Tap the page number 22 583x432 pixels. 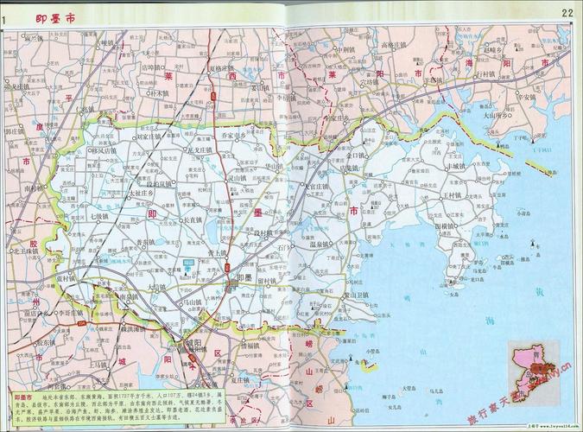(567, 12)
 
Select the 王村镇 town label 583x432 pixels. (454, 195)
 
